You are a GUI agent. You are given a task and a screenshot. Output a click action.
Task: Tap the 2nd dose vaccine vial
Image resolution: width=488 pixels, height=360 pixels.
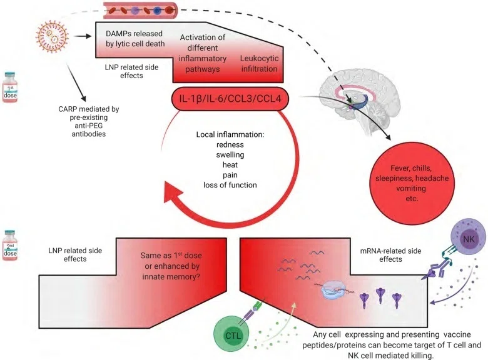9,246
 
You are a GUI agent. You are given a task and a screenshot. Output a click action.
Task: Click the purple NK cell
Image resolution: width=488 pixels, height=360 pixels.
469,239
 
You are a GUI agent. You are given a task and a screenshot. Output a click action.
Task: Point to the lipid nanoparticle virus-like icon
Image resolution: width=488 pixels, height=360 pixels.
52,36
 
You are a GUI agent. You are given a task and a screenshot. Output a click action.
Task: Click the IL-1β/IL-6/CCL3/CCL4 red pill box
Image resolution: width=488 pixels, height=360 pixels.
230,99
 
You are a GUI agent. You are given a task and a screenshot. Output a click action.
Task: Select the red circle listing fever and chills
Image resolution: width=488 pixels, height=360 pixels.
412,183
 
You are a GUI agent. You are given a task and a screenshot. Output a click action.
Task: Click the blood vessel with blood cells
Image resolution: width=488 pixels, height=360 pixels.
140,10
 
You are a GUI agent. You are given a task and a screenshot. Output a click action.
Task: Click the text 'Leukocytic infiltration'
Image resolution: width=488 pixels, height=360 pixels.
259,63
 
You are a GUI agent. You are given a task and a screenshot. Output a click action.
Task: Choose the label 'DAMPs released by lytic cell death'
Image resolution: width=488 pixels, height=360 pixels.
135,39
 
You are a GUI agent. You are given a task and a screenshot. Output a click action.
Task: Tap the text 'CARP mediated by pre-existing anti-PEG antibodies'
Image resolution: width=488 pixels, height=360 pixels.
89,121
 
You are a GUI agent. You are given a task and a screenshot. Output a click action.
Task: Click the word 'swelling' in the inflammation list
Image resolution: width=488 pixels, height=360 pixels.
230,155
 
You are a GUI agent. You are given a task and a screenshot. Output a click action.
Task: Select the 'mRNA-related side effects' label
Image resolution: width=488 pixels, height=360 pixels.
390,255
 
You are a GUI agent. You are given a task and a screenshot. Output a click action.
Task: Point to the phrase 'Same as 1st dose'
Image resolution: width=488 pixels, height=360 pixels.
171,255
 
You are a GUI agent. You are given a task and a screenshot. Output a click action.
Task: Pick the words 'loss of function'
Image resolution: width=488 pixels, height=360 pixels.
230,185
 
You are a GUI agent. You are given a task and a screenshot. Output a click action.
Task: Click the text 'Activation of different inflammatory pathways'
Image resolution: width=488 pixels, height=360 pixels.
203,53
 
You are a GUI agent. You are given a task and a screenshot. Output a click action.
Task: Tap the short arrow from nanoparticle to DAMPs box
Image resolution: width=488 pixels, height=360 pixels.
83,36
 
